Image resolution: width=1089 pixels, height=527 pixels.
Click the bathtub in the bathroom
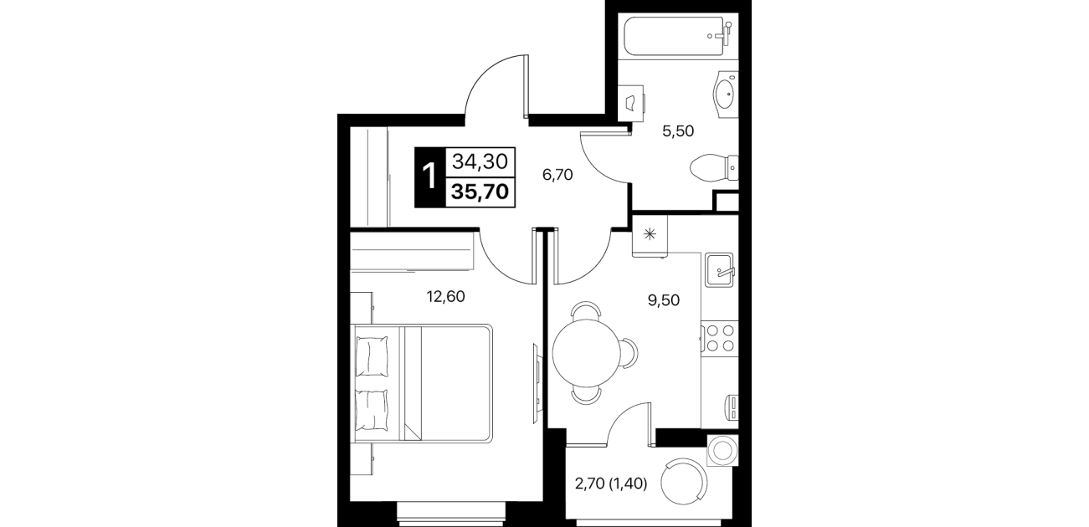click(678, 36)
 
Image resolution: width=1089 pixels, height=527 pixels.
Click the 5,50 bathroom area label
click(678, 130)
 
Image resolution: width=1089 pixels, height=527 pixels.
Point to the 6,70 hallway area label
click(557, 174)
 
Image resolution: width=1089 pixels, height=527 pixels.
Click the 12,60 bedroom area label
click(445, 296)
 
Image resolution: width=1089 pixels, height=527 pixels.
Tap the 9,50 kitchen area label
click(664, 300)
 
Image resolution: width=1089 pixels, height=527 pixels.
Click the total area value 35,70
click(480, 192)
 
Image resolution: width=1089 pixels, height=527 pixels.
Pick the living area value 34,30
click(480, 161)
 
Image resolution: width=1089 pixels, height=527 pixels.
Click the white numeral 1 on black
click(429, 177)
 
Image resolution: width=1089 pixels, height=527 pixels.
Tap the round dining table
click(587, 353)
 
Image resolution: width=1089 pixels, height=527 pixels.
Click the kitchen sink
click(719, 270)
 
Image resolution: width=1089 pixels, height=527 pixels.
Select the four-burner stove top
click(720, 338)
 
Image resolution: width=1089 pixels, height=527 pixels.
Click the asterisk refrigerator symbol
click(650, 234)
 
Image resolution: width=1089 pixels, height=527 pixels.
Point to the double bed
click(423, 383)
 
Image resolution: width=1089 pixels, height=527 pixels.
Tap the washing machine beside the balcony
click(722, 450)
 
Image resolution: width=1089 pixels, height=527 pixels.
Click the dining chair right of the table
click(629, 353)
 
